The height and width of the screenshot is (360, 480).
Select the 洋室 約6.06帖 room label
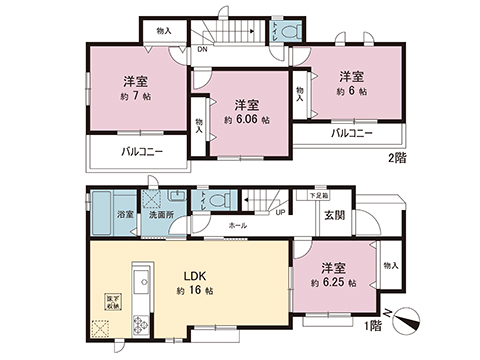246,113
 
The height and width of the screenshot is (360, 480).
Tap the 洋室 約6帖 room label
348,83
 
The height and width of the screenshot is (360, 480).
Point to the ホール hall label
238,227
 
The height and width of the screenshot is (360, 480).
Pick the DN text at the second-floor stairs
201,47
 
